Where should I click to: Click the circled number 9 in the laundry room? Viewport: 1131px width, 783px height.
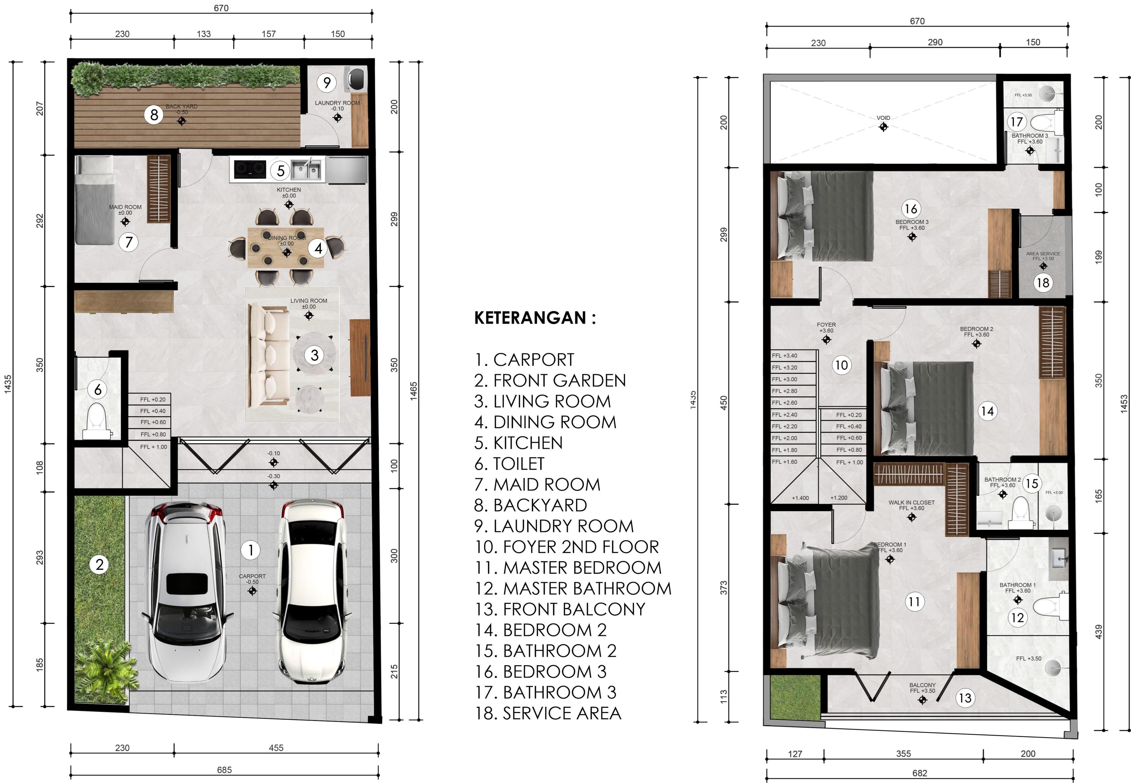pos(327,83)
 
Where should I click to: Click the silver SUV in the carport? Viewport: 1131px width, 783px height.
pos(185,591)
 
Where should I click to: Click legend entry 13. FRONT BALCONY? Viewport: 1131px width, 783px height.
pos(560,609)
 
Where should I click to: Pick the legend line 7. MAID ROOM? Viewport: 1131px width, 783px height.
pos(537,485)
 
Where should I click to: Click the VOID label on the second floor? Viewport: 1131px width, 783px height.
pos(883,118)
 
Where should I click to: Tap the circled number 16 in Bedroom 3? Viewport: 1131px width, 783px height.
pos(910,209)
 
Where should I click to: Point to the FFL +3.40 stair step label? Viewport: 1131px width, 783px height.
pos(784,356)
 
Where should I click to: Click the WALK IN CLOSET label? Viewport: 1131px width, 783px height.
pos(911,502)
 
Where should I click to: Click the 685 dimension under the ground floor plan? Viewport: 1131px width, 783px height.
pos(224,770)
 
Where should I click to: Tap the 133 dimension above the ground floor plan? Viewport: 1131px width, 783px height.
pos(204,34)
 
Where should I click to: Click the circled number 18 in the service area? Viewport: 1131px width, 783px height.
pos(1043,283)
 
